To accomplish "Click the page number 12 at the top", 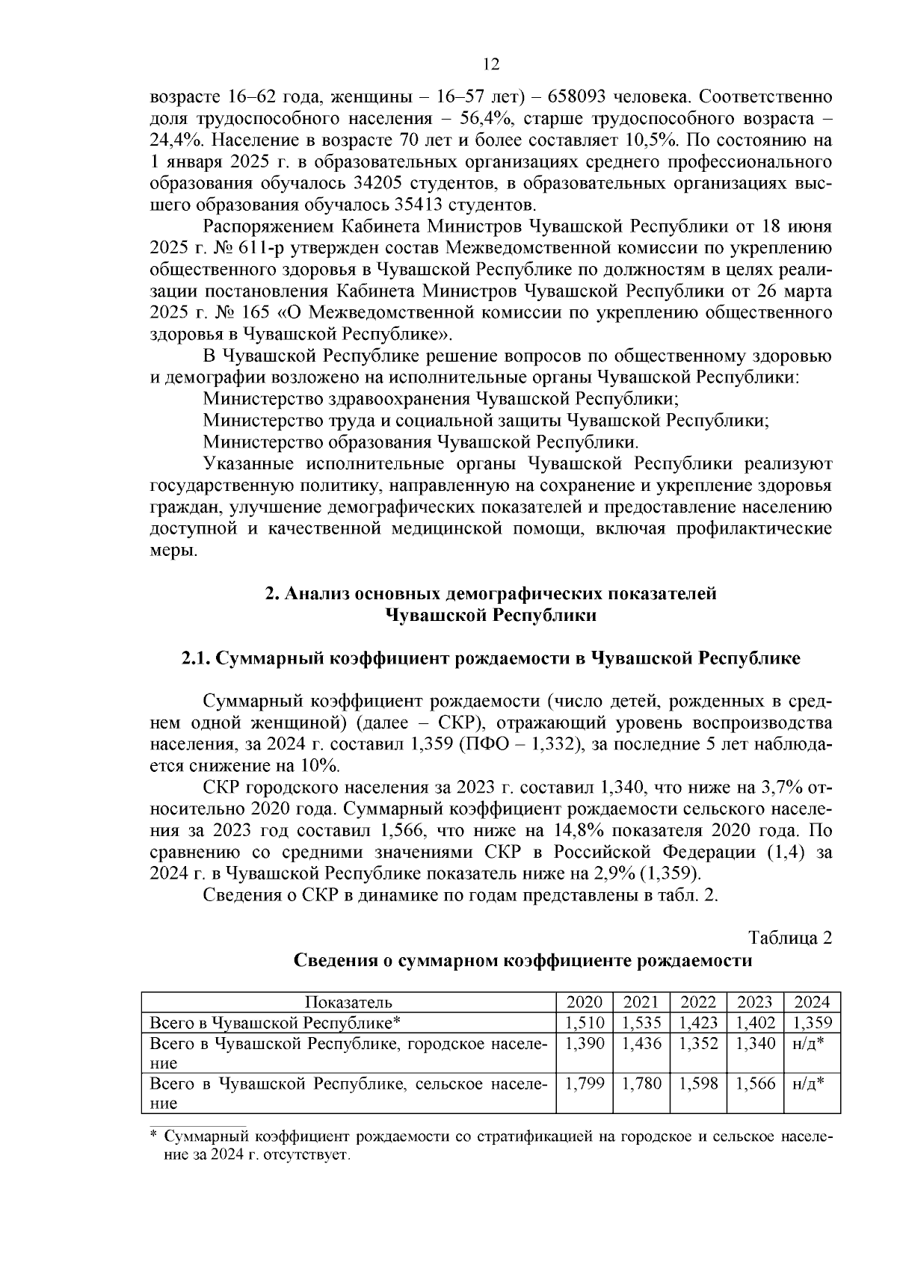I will (491, 65).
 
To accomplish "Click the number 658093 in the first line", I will (579, 97).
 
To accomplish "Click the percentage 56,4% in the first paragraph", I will (487, 119).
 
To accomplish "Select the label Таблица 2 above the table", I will (790, 938).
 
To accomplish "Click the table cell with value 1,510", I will (585, 1023).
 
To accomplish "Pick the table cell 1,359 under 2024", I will (812, 1023).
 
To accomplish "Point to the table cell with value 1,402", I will (755, 1023).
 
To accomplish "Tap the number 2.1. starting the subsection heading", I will (197, 658).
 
